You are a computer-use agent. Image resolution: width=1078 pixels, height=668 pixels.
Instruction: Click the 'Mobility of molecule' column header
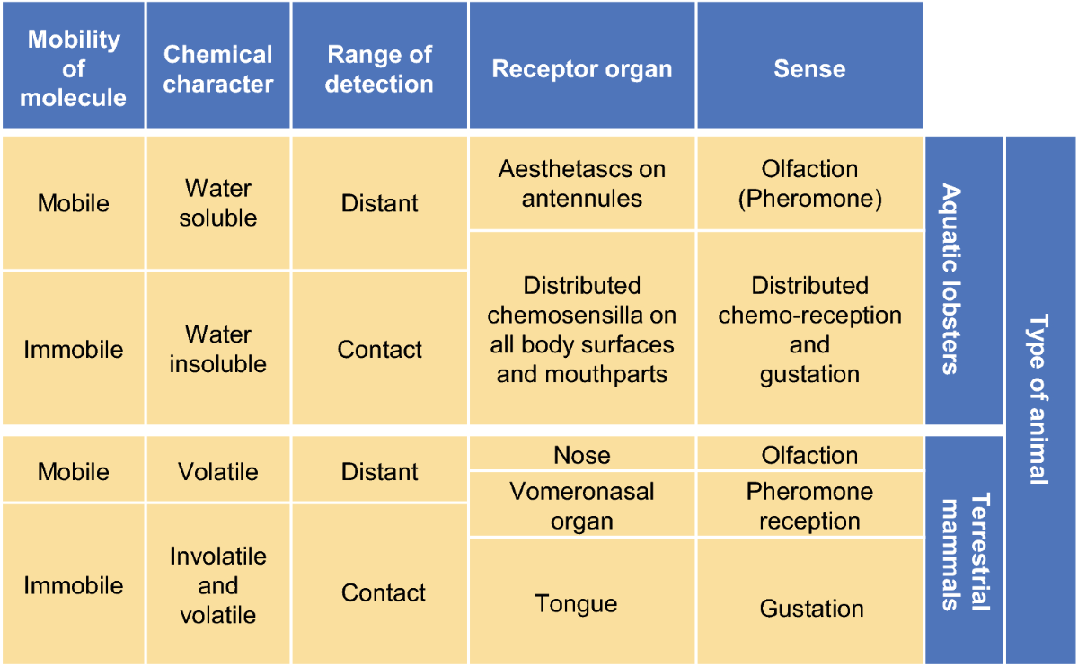[x=73, y=65]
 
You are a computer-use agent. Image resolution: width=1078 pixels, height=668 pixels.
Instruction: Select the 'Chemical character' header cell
[x=218, y=65]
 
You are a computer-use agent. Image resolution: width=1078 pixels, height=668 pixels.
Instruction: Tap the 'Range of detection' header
[x=379, y=65]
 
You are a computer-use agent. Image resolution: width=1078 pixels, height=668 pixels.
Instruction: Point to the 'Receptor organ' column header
[x=582, y=65]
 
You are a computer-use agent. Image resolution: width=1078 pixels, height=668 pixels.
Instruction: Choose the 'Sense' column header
[x=810, y=65]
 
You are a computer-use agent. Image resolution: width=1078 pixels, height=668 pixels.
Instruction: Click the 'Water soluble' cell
[x=218, y=203]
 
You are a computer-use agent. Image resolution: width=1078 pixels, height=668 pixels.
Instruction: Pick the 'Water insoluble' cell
[x=218, y=348]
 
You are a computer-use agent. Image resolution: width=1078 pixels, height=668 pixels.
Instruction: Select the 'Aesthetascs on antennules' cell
[x=582, y=183]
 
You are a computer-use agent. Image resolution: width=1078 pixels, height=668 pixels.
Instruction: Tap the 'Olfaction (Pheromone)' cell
[x=810, y=183]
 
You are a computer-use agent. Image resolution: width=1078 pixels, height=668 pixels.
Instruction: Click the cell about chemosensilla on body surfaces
[x=582, y=328]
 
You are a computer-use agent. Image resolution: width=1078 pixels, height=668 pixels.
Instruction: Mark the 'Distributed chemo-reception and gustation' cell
[x=810, y=328]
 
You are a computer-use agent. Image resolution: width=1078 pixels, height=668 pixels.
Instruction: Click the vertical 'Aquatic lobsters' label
[x=964, y=281]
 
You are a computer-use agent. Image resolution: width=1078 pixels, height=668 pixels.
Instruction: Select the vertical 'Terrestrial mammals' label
[x=964, y=550]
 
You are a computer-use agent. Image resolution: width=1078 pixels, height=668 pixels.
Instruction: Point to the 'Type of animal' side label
[x=1040, y=400]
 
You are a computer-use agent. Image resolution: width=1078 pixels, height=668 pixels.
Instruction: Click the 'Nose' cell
[x=582, y=453]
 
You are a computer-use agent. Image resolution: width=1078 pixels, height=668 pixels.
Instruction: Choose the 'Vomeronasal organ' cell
[x=582, y=504]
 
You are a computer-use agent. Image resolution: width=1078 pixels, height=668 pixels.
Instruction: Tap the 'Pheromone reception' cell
[x=810, y=504]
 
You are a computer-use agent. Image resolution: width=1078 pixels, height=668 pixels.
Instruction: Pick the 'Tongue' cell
[x=582, y=601]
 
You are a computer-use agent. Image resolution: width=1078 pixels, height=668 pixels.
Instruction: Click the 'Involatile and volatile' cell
[x=218, y=584]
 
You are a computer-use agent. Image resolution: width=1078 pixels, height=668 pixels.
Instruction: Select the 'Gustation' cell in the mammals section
[x=810, y=601]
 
